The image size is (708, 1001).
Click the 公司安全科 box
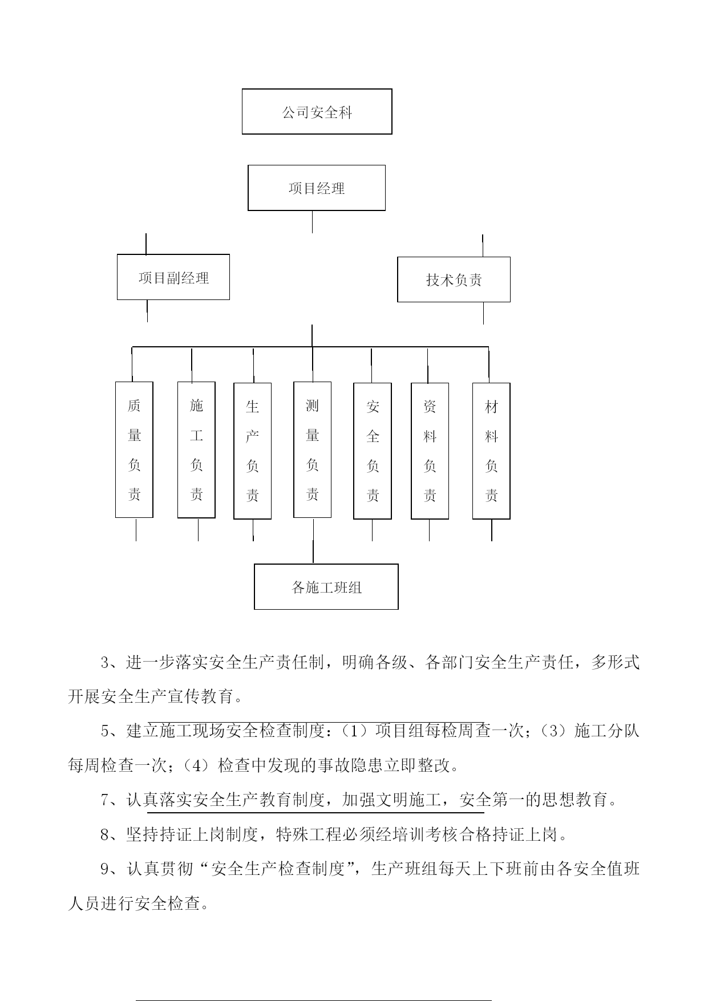click(317, 111)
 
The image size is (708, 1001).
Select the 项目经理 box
click(317, 188)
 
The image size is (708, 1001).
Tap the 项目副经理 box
click(173, 277)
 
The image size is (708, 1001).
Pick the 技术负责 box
click(454, 279)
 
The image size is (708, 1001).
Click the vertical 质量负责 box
click(134, 449)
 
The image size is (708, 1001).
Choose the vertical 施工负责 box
click(196, 450)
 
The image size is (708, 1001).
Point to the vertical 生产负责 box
click(252, 451)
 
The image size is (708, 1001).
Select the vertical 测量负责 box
click(312, 449)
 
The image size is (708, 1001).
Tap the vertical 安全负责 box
click(373, 451)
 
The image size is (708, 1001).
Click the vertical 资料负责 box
click(430, 451)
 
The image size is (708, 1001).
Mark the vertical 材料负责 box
click(491, 451)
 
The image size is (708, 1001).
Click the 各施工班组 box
click(326, 587)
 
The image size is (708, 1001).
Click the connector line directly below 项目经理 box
click(312, 222)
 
